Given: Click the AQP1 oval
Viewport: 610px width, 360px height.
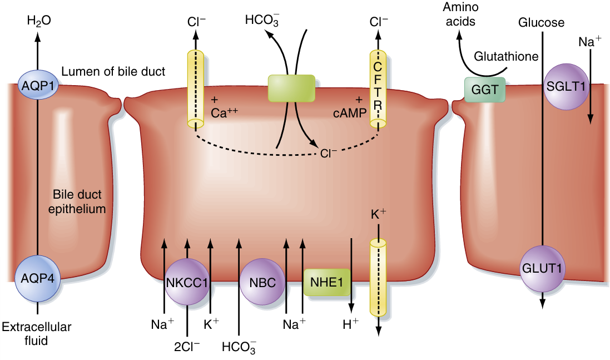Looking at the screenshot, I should click(37, 85).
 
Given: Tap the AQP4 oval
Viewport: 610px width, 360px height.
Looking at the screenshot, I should click(37, 278).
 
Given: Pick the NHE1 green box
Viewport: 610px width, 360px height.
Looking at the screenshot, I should click(327, 282).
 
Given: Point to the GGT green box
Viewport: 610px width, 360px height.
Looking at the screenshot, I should click(485, 89).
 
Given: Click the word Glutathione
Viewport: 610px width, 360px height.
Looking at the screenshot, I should click(506, 56).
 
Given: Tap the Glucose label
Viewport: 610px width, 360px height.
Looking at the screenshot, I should click(541, 23).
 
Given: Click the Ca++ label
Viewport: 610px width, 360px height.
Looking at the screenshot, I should click(225, 111).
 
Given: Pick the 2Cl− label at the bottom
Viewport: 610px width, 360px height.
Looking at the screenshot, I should click(187, 346).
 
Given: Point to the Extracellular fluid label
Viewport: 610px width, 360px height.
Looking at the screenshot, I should click(37, 333).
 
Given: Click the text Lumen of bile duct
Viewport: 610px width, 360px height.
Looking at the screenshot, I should click(113, 72).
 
